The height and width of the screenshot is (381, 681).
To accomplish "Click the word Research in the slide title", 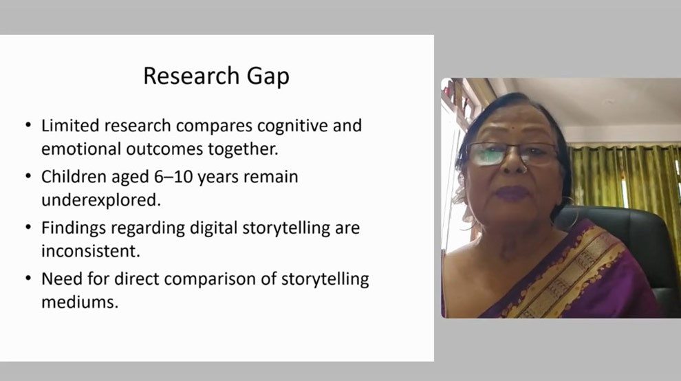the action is click(x=191, y=76).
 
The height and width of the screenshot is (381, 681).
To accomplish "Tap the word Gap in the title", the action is click(x=268, y=77).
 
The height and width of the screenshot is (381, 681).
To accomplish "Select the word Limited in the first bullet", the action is click(x=70, y=126).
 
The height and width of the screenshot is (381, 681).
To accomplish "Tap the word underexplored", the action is click(x=101, y=201).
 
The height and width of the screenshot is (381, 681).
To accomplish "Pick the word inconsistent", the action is click(x=91, y=251).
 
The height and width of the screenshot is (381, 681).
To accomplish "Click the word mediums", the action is click(x=80, y=302).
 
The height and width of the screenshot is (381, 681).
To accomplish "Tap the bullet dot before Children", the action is click(x=29, y=177).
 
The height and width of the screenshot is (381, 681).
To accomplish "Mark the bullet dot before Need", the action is click(x=29, y=278).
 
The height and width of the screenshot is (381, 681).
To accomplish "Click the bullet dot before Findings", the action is click(x=29, y=227).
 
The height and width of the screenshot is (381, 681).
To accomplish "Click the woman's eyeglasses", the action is click(x=512, y=153).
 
